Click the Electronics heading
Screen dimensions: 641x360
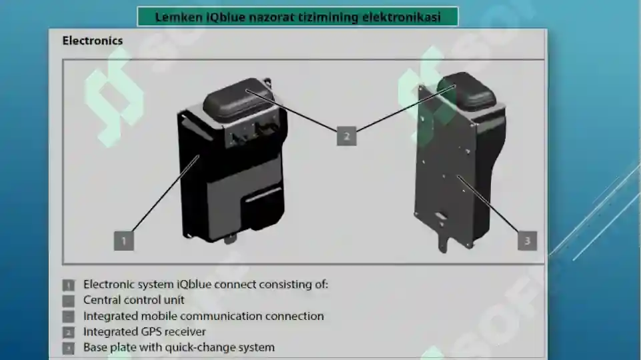[x=93, y=41]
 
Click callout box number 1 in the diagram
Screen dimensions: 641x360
[x=124, y=241]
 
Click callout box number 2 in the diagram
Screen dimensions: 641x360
[x=347, y=136]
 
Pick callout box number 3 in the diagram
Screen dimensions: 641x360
[x=528, y=241]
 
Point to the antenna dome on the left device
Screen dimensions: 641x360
[x=238, y=98]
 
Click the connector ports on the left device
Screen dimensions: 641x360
[x=251, y=133]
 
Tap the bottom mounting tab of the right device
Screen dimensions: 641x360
[x=444, y=241]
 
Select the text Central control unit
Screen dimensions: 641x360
[x=133, y=300]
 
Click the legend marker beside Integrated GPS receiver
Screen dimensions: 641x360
[x=68, y=332]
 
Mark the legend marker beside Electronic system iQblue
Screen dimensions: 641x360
[x=68, y=285]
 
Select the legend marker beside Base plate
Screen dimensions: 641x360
[x=68, y=348]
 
